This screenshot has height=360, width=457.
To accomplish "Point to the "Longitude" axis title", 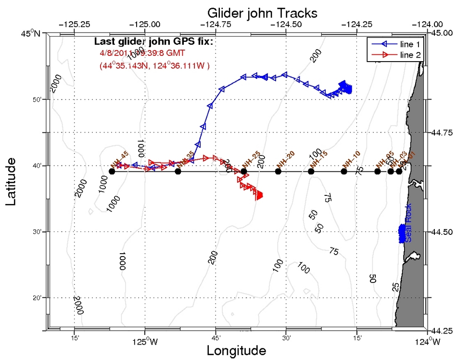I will [236, 350].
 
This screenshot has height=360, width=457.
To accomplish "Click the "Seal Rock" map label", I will [408, 229].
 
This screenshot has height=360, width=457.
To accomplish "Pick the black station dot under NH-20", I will [278, 171].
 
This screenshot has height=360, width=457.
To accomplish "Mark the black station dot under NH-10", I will [344, 171].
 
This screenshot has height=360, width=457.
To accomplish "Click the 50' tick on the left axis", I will [36, 100].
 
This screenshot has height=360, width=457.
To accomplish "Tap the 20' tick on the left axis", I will [36, 298].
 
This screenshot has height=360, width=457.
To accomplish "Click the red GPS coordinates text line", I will [154, 65].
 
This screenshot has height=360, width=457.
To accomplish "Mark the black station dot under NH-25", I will [244, 171].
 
